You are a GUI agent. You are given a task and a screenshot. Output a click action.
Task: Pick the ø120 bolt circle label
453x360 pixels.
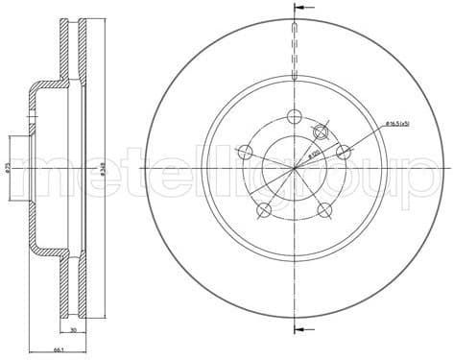[x=315, y=153]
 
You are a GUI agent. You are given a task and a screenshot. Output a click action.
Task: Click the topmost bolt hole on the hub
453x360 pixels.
[x=294, y=117]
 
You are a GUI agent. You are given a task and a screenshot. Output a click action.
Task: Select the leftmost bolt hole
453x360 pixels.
[x=246, y=152]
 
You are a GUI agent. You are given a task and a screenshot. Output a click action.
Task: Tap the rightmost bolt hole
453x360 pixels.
[x=342, y=152]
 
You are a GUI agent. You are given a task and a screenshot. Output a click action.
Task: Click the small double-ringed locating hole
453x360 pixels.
[x=322, y=133]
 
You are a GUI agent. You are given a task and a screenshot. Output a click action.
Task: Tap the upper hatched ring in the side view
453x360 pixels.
[x=69, y=58]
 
